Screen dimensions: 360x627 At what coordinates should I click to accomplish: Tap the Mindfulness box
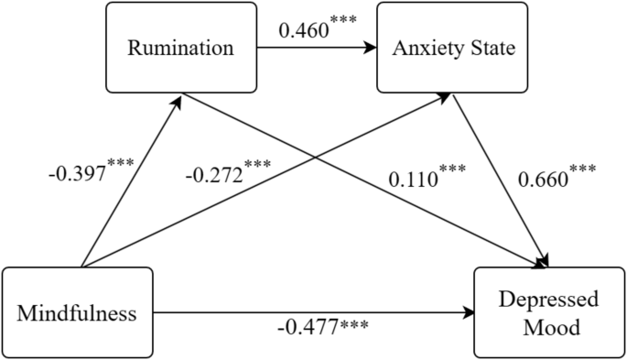click(x=77, y=313)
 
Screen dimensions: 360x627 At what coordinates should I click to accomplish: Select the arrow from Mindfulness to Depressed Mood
click(x=311, y=312)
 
